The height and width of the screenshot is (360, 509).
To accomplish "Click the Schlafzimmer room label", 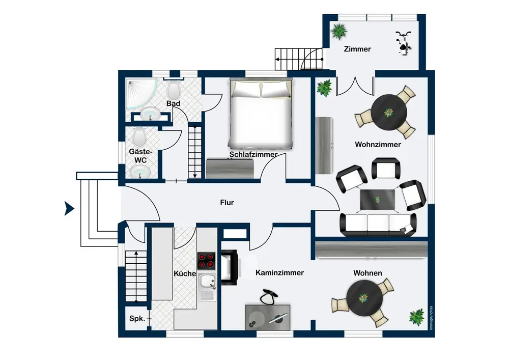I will pos(253,154).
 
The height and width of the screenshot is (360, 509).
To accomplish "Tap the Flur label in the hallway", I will pos(227,203).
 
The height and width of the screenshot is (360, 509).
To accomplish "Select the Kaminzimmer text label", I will pos(279,273).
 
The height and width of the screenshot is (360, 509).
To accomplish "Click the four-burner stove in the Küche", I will pos(207,260).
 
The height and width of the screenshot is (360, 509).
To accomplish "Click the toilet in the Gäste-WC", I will pos(139,136).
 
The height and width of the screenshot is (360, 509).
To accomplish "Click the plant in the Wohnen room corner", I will pos(417,317).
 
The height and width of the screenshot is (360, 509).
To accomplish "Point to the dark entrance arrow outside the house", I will pos(68,208).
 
